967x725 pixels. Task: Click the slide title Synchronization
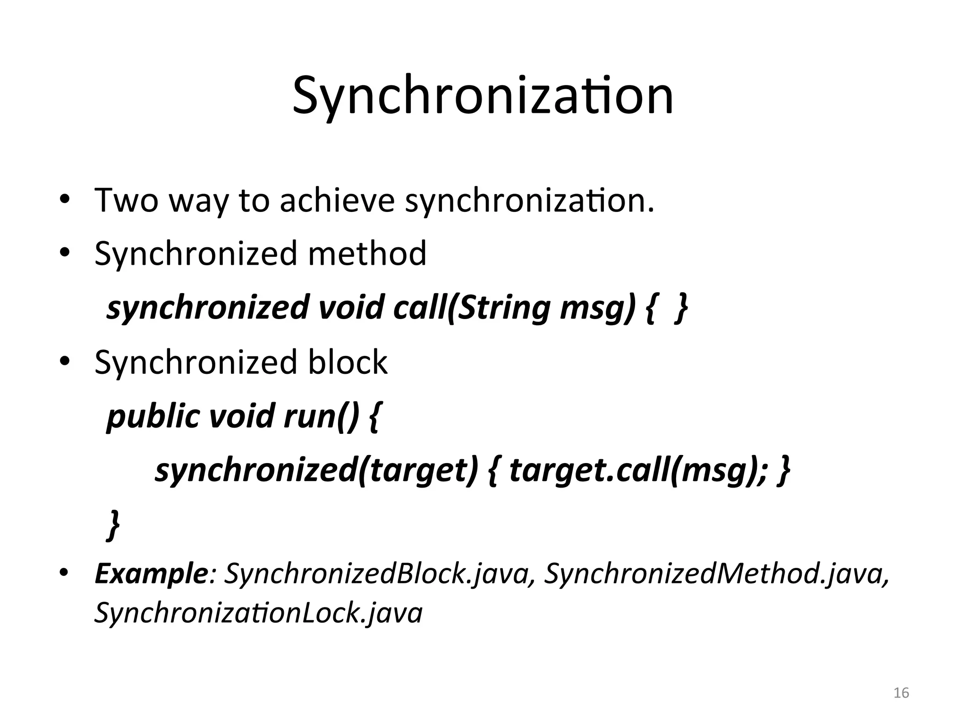(x=483, y=97)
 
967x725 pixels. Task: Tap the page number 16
(x=901, y=693)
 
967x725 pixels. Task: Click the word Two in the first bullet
(x=126, y=200)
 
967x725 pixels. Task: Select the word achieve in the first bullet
(x=337, y=200)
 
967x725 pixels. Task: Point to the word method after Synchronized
(x=367, y=253)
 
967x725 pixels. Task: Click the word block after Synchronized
(x=348, y=362)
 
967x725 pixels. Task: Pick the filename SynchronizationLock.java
(x=258, y=613)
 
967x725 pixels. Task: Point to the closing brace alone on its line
(x=113, y=524)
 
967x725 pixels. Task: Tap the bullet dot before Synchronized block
(x=65, y=362)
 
